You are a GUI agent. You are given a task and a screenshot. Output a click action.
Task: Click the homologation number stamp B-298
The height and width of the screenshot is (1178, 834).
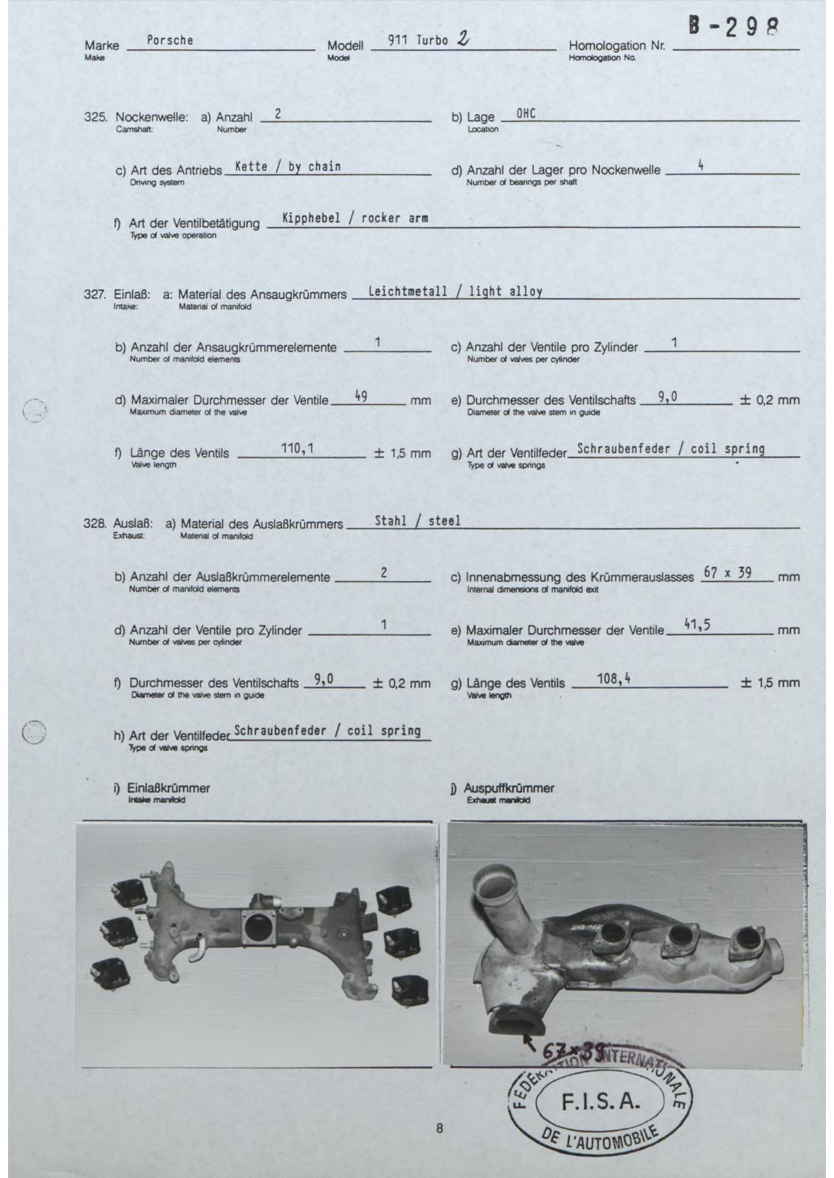(733, 28)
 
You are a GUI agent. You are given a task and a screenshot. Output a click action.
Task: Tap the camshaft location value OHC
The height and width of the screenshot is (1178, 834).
(526, 114)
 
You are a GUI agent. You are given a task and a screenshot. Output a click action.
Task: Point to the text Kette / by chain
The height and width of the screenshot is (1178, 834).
(288, 167)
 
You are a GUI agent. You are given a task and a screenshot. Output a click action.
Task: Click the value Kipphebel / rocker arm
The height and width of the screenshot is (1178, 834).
(355, 218)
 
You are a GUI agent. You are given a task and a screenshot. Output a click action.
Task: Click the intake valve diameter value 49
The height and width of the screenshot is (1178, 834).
(360, 396)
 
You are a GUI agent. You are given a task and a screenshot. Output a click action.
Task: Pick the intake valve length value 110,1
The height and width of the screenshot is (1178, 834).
(298, 448)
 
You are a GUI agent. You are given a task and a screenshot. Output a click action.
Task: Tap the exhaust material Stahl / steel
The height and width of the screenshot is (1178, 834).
(417, 520)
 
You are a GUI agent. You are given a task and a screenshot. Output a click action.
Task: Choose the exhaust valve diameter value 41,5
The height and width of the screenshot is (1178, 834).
(697, 625)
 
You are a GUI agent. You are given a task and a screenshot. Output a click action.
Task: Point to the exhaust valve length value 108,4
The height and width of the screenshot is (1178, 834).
(614, 678)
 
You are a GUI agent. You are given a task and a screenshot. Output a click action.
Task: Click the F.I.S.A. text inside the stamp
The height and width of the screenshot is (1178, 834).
(600, 1102)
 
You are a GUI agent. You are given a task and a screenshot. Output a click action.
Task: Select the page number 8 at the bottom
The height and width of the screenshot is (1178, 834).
(440, 1128)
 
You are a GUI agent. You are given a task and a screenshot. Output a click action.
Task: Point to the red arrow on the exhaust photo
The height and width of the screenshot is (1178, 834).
(529, 1041)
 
